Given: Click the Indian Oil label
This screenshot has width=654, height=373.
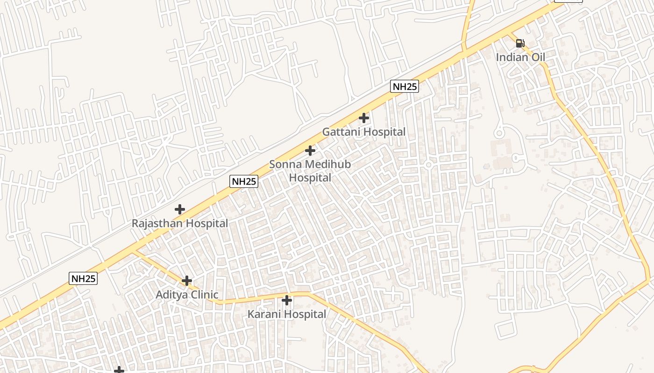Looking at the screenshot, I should point(520,57).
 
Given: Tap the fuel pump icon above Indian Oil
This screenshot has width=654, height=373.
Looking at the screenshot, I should point(520,43).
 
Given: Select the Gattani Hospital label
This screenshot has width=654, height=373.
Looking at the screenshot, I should point(364,132).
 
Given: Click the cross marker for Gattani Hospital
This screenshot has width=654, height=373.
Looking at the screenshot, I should point(364,118).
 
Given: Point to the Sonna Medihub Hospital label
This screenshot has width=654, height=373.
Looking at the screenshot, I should point(310,171).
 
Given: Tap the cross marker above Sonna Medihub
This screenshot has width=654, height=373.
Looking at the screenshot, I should point(310,151).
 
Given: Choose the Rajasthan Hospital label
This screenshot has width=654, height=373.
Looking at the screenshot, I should point(180,223).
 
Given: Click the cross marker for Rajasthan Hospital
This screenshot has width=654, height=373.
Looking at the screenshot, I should point(180,209).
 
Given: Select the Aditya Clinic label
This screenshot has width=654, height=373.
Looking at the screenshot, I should point(187,295).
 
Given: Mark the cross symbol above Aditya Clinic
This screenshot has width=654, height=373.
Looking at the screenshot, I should point(187,281).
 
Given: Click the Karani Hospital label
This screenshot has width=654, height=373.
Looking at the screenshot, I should point(287,314).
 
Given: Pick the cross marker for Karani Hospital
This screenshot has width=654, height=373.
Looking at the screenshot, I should point(287,300).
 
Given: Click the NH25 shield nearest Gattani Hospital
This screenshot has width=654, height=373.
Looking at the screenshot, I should point(405,86).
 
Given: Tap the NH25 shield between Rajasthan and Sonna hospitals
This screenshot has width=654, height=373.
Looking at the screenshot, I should point(244,181).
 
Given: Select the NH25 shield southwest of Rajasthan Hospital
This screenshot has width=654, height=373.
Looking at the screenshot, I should point(84,279).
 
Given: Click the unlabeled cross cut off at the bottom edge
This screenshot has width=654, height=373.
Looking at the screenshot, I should point(120,370).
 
